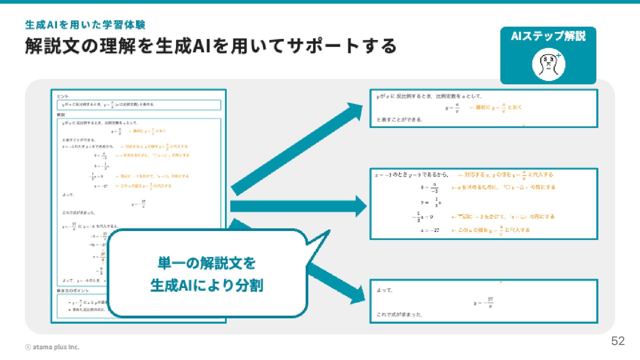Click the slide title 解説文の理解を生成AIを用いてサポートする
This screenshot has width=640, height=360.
[x=211, y=46]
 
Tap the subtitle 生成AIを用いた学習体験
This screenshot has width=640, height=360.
[x=85, y=25]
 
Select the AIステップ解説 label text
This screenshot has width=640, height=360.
[x=548, y=36]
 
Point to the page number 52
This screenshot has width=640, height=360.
[x=618, y=341]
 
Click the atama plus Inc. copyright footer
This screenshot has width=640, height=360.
[x=53, y=347]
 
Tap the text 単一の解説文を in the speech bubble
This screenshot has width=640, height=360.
[x=207, y=263]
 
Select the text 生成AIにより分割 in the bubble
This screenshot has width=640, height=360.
[x=207, y=285]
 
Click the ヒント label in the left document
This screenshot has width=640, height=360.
[x=63, y=96]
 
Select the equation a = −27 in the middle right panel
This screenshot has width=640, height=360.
[x=430, y=230]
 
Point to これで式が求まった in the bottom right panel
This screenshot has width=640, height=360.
[x=399, y=314]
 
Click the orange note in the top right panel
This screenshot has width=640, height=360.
[x=496, y=108]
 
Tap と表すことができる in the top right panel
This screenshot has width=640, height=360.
[x=399, y=120]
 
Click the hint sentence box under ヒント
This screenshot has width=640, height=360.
[x=139, y=105]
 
